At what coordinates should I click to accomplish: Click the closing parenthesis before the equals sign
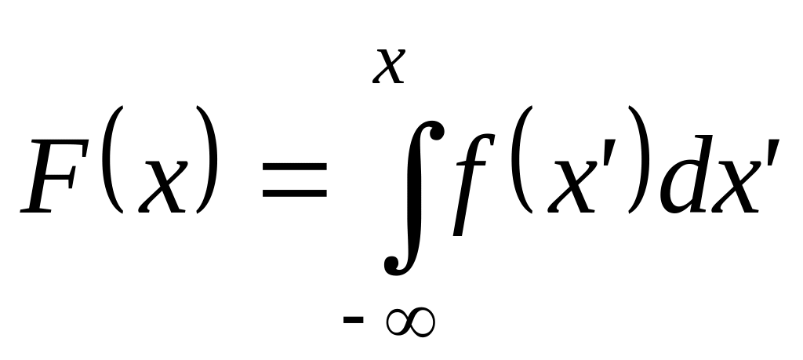point(206,165)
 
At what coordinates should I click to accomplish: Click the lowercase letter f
point(468,184)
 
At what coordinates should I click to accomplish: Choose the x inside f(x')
point(558,185)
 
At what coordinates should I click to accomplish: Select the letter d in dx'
point(681,176)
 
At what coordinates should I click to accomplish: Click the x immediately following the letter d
point(733,185)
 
